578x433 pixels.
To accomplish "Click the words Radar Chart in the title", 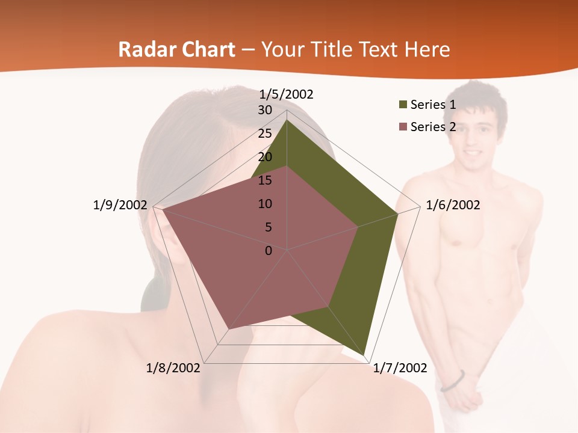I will pyautogui.click(x=176, y=49).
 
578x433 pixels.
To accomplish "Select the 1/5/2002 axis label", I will pyautogui.click(x=287, y=94).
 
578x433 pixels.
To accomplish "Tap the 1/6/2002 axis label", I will pyautogui.click(x=453, y=206).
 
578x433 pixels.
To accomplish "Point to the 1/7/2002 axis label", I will pyautogui.click(x=400, y=368).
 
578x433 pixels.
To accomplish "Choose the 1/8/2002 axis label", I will pyautogui.click(x=173, y=368).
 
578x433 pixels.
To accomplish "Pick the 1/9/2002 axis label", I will pyautogui.click(x=120, y=206).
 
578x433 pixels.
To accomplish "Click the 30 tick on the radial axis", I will pyautogui.click(x=265, y=111).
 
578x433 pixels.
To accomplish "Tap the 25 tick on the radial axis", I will pyautogui.click(x=265, y=134).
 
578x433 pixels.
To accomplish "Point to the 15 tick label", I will pyautogui.click(x=265, y=180).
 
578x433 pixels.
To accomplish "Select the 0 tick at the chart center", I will pyautogui.click(x=269, y=251).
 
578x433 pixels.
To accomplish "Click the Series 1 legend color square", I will pyautogui.click(x=403, y=105).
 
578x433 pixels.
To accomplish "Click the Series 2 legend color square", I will pyautogui.click(x=403, y=127).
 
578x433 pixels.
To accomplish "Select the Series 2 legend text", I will pyautogui.click(x=433, y=127).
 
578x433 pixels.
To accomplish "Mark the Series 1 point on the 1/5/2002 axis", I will pyautogui.click(x=287, y=120).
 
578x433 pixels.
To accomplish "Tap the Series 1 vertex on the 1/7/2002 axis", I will pyautogui.click(x=365, y=355).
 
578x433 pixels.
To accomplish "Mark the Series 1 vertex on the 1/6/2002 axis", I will pyautogui.click(x=397, y=213).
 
